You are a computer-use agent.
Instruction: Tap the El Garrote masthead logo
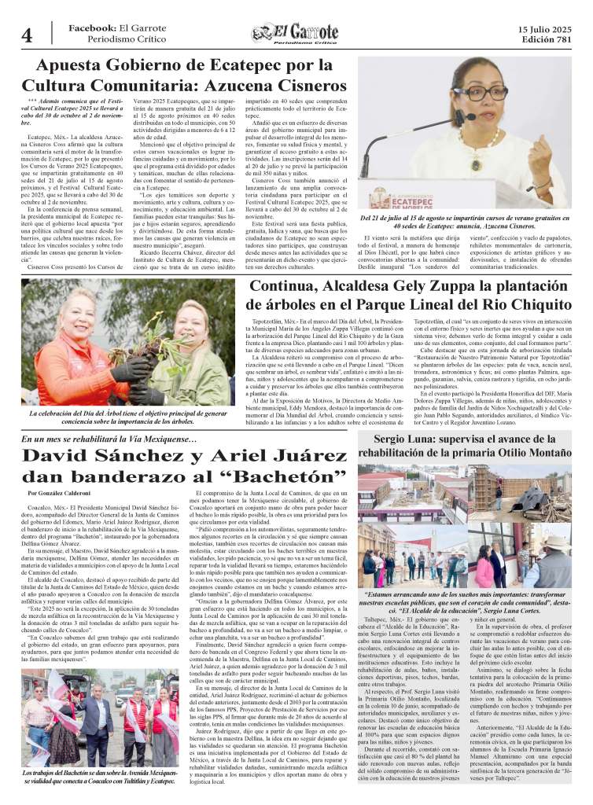pos(296,34)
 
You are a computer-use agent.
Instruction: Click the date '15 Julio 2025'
pos(545,28)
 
